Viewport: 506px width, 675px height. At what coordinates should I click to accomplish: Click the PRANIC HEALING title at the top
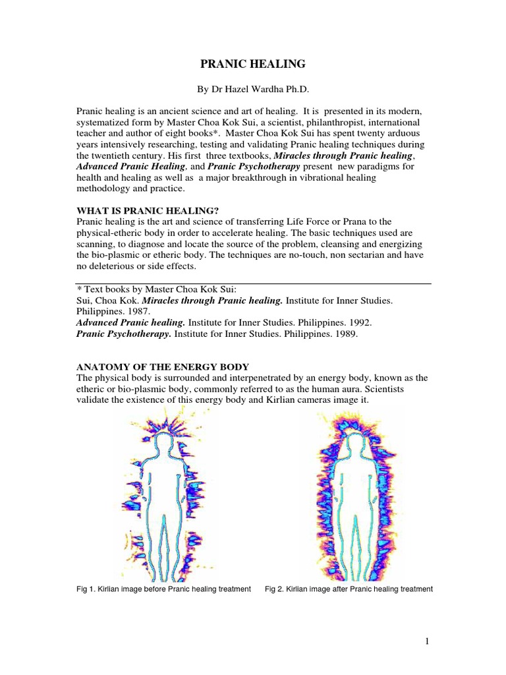[252, 64]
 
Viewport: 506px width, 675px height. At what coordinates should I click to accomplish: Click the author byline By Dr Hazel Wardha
[253, 89]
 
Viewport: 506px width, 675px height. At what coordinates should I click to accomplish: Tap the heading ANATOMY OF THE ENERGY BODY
[163, 367]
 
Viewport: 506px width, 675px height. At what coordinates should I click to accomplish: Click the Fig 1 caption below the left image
[164, 589]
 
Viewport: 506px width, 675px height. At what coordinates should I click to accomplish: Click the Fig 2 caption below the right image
[349, 589]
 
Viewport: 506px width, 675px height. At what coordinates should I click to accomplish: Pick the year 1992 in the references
[358, 323]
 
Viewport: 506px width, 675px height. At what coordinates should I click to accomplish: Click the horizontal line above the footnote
[254, 283]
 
